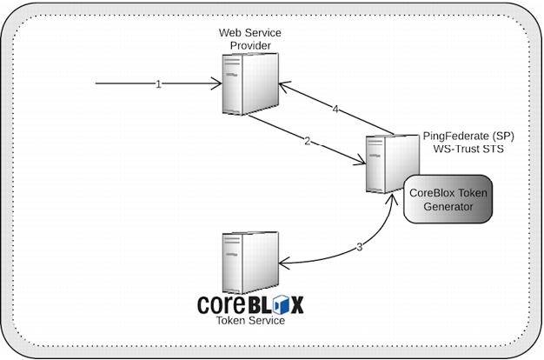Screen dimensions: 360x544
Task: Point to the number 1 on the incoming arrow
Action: click(x=158, y=84)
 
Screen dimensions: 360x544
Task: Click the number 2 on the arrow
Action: click(x=306, y=141)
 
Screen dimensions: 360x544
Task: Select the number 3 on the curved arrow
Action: click(x=359, y=247)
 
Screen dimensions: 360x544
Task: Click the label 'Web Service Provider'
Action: click(x=251, y=38)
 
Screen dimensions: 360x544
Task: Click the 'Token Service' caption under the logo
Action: click(x=249, y=320)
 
